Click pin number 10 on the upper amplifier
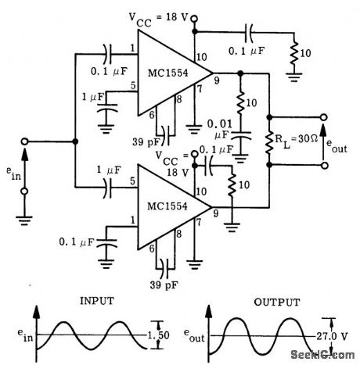[x=200, y=55]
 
